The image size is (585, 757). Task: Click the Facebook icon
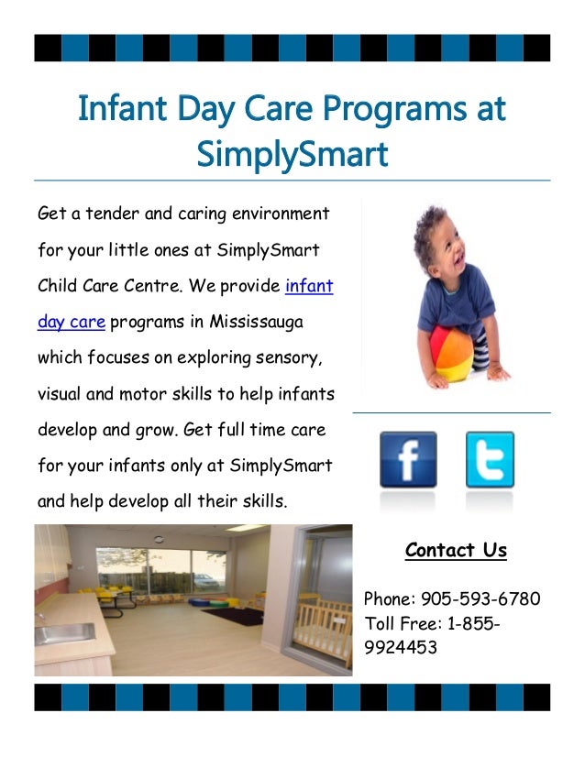tap(408, 459)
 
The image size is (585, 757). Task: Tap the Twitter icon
tap(490, 459)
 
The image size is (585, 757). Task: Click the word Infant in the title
tap(120, 109)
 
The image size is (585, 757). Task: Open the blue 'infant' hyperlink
tap(309, 286)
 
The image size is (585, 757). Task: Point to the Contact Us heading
tap(456, 550)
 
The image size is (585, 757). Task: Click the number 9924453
tap(401, 648)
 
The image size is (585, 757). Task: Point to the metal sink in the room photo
tap(64, 632)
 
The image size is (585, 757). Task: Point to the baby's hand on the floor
tap(498, 373)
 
